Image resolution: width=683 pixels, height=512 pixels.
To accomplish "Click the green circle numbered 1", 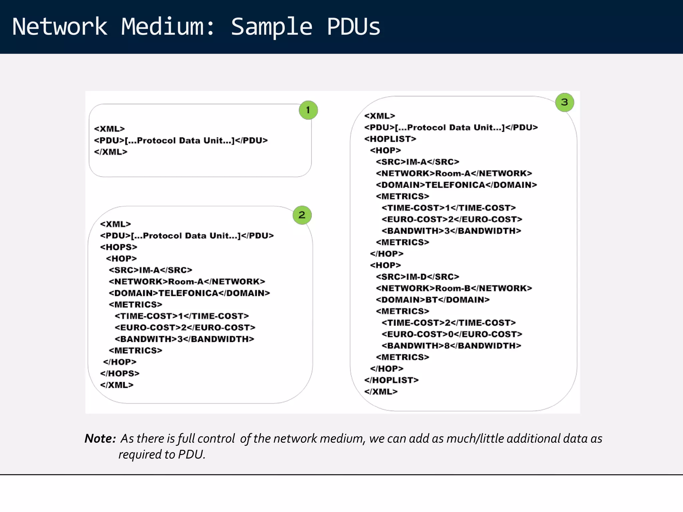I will [308, 110].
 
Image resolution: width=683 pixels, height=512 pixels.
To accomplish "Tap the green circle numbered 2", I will [302, 215].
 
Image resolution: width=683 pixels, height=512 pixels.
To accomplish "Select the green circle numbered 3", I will [564, 102].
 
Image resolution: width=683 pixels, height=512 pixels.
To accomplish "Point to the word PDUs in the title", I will [354, 27].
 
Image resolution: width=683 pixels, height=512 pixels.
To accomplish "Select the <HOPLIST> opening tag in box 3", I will [390, 139].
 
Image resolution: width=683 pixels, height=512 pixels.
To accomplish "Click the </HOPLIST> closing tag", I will [392, 380].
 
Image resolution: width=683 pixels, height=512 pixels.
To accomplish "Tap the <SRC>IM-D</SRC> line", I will [418, 277].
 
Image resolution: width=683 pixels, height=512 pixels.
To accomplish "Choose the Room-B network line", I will [454, 288].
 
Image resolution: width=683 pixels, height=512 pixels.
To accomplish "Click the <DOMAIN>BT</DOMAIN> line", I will [433, 300].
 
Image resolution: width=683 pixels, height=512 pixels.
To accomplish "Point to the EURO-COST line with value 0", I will [452, 334].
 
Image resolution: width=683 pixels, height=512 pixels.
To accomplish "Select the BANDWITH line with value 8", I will [451, 346].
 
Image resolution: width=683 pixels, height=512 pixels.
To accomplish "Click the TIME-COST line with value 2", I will [449, 323].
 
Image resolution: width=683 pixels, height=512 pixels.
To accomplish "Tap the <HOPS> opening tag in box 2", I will [119, 247].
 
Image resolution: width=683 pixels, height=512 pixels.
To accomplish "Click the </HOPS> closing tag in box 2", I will [120, 373].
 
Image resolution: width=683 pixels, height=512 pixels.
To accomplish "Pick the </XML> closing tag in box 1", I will [111, 152].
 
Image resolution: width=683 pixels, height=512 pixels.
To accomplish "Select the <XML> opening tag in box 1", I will [109, 129].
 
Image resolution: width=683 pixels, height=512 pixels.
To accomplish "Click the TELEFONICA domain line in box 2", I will [189, 293].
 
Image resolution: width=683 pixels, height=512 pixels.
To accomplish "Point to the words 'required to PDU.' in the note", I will [162, 454].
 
